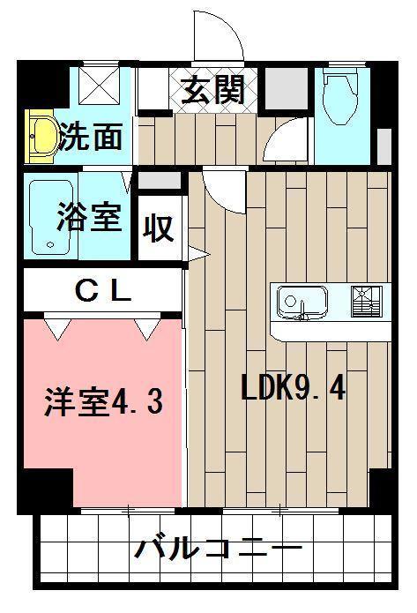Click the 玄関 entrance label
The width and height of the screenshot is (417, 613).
click(212, 90)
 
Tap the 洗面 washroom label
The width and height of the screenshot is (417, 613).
click(91, 138)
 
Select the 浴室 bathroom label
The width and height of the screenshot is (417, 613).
click(89, 216)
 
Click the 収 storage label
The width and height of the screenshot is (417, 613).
click(159, 228)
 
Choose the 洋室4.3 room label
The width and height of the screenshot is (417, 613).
click(103, 402)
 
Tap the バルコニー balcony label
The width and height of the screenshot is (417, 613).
click(218, 550)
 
